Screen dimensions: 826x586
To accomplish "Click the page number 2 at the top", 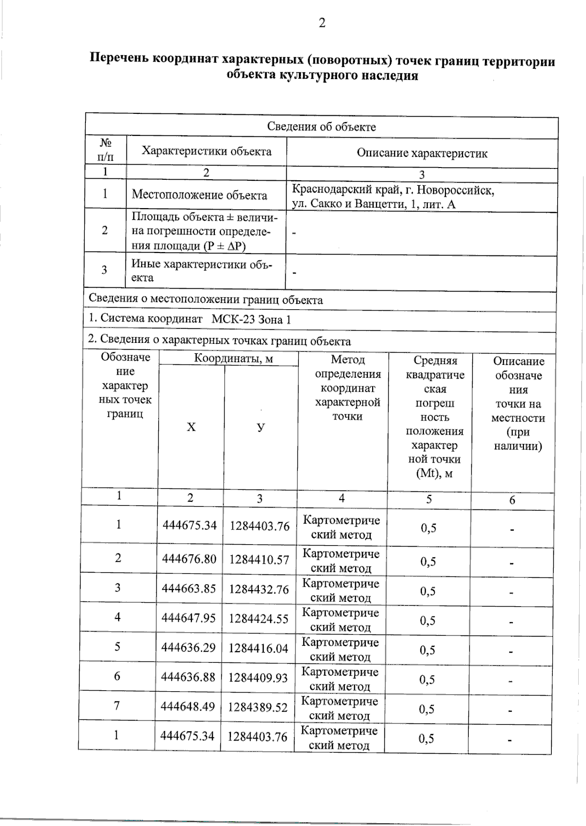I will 322,23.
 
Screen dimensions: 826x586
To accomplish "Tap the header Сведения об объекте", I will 321,127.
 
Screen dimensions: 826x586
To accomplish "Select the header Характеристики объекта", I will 207,151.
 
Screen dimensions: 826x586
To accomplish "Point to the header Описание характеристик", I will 422,153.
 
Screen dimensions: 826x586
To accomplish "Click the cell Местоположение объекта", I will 199,195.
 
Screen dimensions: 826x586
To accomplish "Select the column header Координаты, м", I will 233,359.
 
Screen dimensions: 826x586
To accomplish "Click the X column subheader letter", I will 191,427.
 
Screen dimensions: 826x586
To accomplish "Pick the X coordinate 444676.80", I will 189,559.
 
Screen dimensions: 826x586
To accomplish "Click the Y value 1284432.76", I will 259,589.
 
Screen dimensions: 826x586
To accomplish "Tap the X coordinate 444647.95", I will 188,618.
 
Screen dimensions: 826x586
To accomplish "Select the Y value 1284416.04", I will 258,648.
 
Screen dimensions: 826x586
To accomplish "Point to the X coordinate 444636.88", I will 188,678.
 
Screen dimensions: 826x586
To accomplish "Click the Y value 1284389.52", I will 258,707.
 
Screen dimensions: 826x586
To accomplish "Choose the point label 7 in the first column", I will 117,705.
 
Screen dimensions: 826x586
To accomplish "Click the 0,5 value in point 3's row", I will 428,592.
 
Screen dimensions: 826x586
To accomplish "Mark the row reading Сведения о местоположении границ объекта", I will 206,299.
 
